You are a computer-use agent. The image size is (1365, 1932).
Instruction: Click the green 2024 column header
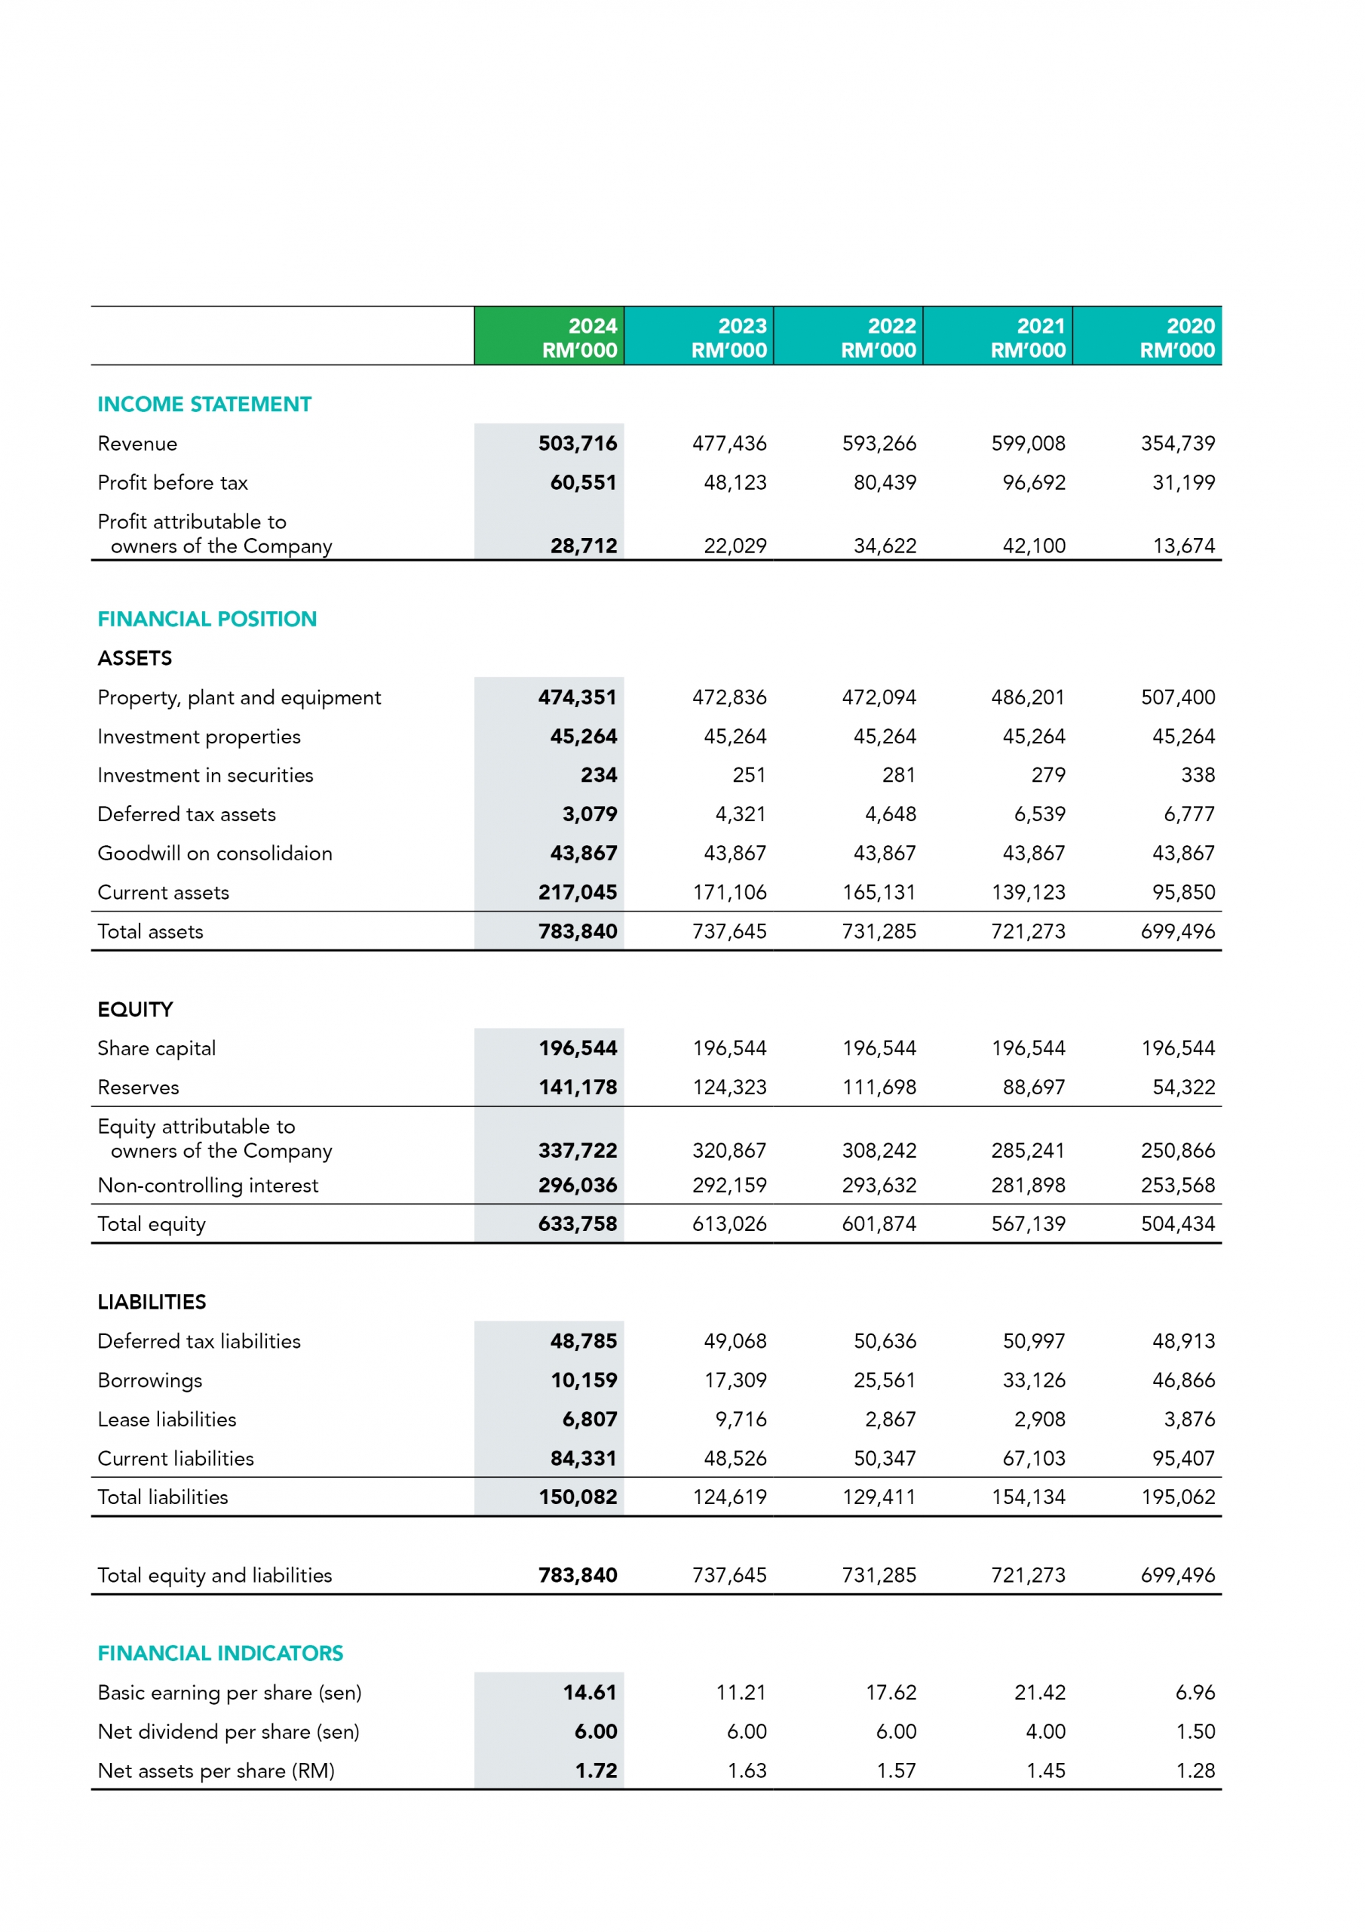click(x=549, y=337)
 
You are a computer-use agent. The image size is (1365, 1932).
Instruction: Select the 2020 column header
click(x=1147, y=337)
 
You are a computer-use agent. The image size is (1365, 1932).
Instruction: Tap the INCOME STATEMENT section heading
click(x=204, y=405)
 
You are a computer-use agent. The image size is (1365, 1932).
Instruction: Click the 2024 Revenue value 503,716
click(x=578, y=444)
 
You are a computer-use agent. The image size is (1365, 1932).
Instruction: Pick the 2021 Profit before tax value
click(x=1034, y=483)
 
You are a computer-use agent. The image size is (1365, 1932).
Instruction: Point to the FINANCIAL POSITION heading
click(x=207, y=620)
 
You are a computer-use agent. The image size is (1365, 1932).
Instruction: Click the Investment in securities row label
click(x=205, y=775)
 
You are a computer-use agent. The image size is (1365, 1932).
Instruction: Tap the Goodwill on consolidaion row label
click(x=214, y=854)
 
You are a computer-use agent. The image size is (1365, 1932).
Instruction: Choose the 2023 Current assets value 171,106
click(x=729, y=893)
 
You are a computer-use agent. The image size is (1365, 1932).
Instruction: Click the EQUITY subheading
click(x=136, y=1010)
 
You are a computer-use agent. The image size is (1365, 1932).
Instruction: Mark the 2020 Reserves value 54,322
click(x=1183, y=1088)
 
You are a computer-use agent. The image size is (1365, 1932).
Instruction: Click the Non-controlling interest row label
click(x=207, y=1186)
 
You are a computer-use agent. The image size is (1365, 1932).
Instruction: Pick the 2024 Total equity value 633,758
click(x=578, y=1224)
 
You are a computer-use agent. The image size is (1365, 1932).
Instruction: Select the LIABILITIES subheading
click(x=152, y=1303)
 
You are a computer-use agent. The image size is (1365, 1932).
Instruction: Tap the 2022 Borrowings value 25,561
click(x=885, y=1380)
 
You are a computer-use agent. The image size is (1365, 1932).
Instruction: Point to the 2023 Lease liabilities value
click(x=741, y=1420)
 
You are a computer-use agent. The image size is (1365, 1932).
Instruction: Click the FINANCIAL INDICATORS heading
click(x=220, y=1654)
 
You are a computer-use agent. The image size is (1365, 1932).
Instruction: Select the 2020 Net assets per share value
click(x=1195, y=1770)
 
